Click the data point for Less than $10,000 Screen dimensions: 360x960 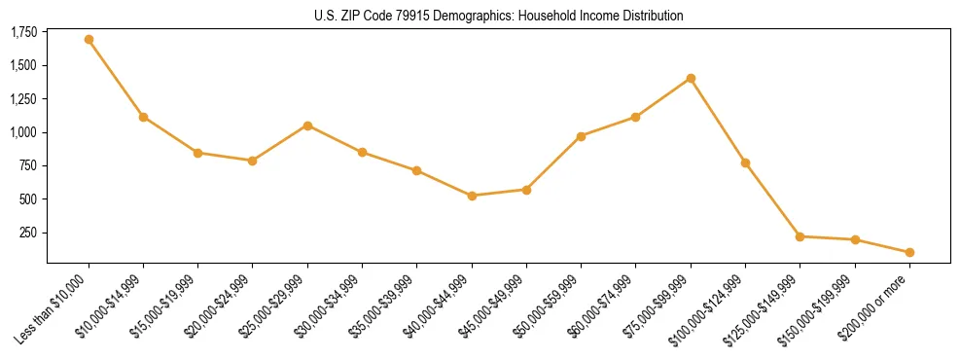[x=89, y=40]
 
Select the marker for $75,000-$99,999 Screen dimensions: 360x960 [x=691, y=78]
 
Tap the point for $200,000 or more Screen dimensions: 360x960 [x=909, y=252]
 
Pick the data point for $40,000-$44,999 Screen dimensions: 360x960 [x=472, y=196]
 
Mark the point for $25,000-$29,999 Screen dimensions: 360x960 [x=307, y=126]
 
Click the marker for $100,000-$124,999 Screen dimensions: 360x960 [x=745, y=162]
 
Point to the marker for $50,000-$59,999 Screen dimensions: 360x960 [x=581, y=136]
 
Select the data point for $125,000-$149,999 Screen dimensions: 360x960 [x=800, y=236]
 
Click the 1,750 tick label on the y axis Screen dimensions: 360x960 [x=23, y=33]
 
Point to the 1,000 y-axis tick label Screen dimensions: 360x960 [x=23, y=132]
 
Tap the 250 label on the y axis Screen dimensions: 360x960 [x=28, y=233]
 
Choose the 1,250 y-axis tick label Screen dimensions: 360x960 [x=23, y=99]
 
